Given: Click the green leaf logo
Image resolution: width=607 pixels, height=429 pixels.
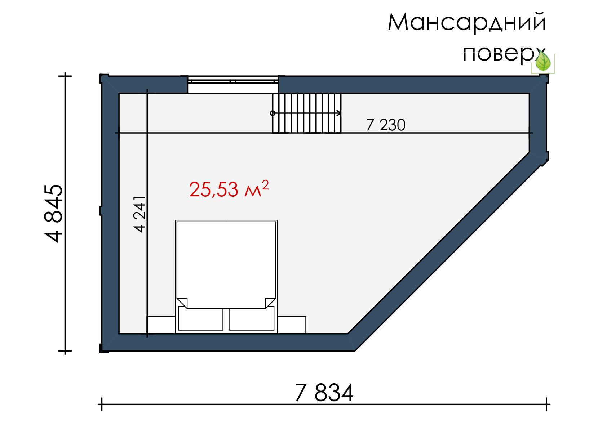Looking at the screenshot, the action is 543,61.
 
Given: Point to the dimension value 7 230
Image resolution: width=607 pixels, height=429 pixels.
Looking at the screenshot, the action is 386,125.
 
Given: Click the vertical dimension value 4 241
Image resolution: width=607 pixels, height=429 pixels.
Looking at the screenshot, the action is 140,214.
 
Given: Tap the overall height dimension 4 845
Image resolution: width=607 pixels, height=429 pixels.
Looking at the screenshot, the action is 53,213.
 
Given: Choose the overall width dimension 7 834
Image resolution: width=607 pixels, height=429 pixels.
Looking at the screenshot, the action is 324,392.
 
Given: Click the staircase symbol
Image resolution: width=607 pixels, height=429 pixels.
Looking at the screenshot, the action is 307,113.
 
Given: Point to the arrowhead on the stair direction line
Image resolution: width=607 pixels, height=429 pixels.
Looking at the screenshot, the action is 338,113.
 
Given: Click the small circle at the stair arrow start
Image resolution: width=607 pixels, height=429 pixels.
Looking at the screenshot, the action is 273,113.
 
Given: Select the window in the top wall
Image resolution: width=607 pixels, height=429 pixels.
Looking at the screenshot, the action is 233,85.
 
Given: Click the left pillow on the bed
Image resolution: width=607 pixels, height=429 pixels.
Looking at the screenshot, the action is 200,318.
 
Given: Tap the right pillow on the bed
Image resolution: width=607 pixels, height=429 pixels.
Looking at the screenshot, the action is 252,318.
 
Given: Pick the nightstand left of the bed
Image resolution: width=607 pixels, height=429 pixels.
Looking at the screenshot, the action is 161,325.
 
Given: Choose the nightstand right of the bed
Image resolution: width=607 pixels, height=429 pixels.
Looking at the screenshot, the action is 292,325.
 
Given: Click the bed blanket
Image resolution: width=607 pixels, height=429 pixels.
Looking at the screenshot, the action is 226,264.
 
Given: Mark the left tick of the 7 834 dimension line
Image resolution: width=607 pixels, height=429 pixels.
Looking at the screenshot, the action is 102,405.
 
